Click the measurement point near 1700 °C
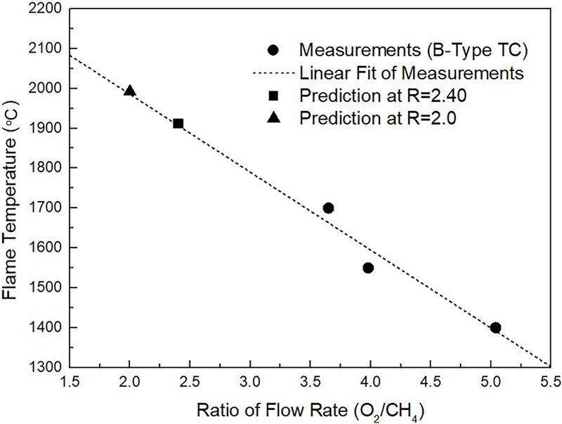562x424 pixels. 328,207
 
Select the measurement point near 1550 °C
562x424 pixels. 368,267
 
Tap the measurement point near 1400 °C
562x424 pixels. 495,328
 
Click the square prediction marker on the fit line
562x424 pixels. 178,123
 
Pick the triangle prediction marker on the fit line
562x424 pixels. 129,91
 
